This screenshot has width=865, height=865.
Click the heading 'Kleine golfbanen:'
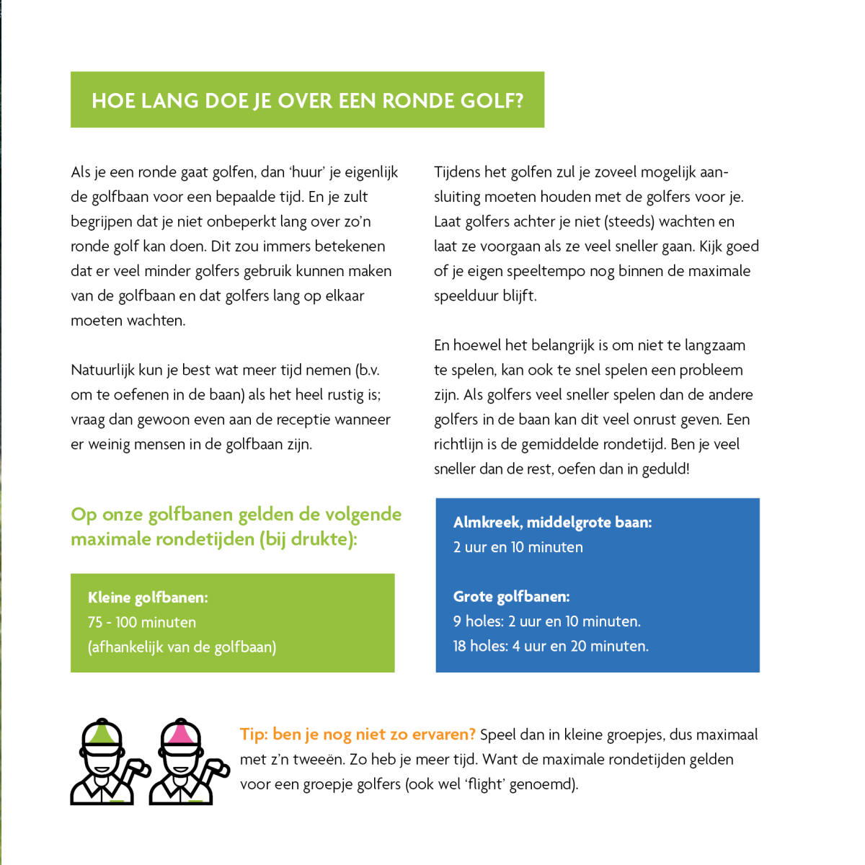148,598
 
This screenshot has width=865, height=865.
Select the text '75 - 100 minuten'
142,622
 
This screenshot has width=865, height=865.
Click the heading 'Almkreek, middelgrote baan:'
552,523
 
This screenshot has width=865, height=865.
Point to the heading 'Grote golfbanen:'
511,597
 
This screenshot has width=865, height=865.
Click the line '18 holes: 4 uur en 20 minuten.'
551,646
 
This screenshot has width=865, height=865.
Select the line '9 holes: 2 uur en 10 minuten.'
546,621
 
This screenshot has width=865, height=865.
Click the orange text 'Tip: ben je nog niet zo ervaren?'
358,735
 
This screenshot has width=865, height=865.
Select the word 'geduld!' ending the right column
665,469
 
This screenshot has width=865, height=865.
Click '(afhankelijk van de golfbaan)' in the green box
182,647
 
